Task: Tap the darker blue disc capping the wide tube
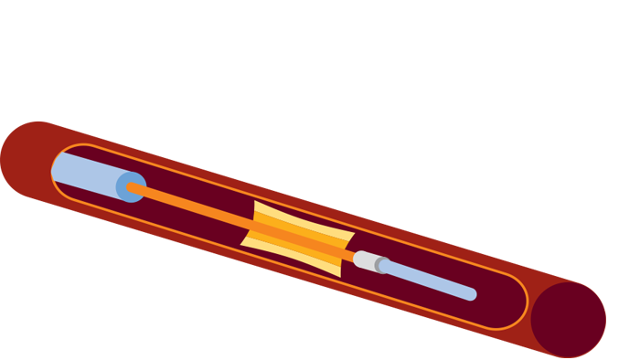tap(131, 186)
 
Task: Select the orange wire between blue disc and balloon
tap(192, 207)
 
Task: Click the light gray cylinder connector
tap(365, 260)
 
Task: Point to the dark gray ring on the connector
tap(382, 266)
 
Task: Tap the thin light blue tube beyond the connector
tap(430, 281)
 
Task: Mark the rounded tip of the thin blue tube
tap(472, 294)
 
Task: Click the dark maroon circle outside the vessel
tap(568, 319)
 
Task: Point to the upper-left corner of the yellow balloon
tap(257, 203)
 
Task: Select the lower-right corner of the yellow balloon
tap(342, 276)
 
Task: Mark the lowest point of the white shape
tap(382, 219)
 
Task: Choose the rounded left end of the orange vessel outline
tap(53, 168)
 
